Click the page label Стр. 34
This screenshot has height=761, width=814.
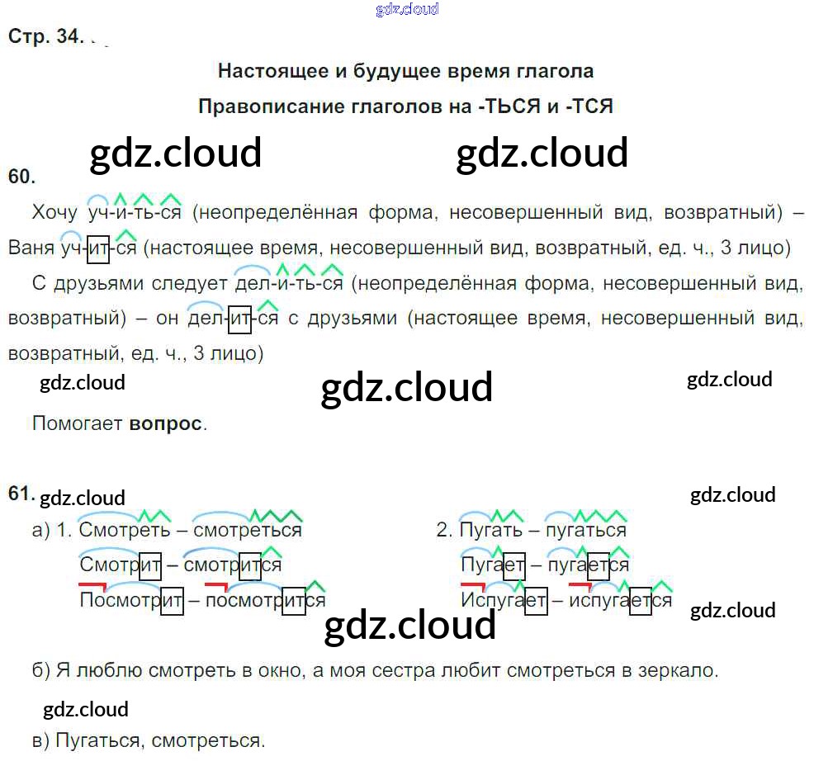coord(45,37)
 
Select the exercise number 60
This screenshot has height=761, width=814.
coord(21,175)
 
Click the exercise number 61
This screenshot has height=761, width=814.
coord(21,494)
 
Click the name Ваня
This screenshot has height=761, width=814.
coord(31,247)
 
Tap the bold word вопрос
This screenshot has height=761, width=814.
coord(165,423)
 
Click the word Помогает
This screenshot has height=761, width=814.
coord(77,423)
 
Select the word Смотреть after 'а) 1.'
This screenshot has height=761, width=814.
coord(125,530)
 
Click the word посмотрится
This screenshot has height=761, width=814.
coord(265,600)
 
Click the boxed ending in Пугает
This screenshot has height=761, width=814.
coord(513,565)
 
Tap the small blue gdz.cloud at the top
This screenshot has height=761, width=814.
coord(406,10)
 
